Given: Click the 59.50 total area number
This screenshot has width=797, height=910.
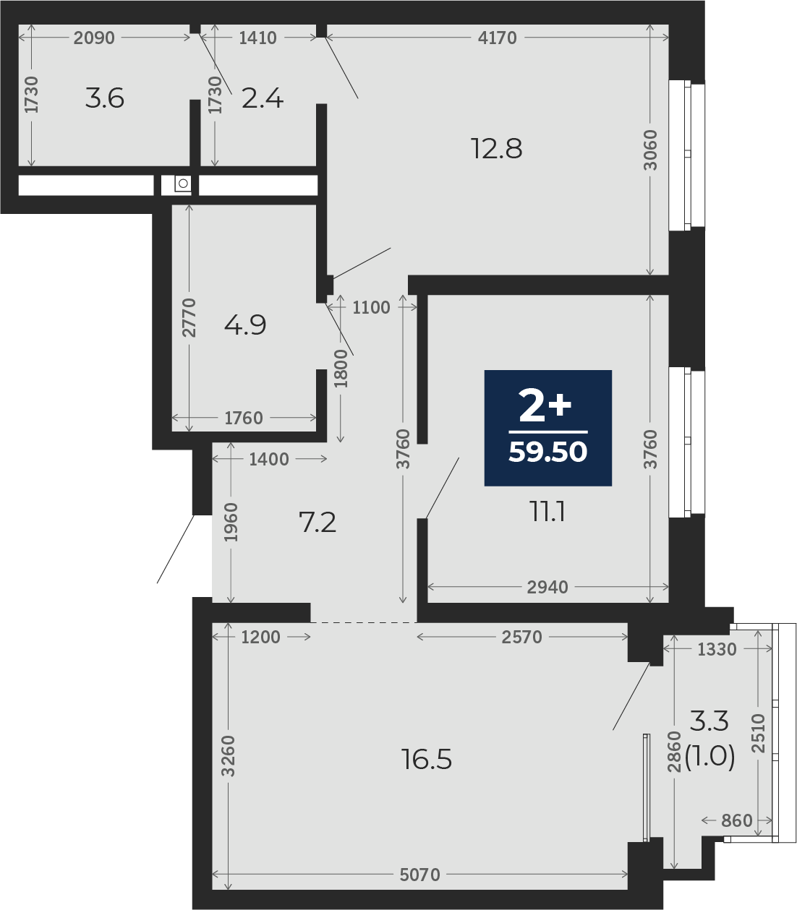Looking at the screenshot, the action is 547,452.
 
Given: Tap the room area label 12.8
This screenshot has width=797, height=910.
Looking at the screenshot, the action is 496,149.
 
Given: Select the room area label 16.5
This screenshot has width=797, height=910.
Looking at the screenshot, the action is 426,759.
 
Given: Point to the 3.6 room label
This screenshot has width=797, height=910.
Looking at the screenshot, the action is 105,98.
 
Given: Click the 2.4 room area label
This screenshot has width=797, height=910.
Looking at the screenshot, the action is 262,98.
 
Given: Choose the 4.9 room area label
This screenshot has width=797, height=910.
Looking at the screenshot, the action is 245,325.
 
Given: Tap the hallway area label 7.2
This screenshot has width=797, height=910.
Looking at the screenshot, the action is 317,522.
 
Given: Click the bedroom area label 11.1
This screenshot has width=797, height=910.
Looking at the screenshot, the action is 547,512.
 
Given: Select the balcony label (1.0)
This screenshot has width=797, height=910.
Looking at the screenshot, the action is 709,756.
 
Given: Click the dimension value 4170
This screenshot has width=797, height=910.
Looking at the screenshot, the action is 497,38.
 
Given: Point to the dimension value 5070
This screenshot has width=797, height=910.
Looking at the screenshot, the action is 419,875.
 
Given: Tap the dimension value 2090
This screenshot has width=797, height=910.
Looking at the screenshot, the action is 94,38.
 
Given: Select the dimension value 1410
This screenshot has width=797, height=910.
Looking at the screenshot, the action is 257,38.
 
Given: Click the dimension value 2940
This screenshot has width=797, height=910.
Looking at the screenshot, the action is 547,588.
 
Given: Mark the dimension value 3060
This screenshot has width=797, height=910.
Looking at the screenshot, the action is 650,150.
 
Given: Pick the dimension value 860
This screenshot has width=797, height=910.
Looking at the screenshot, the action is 736,820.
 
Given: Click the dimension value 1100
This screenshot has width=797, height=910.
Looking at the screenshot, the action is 371,307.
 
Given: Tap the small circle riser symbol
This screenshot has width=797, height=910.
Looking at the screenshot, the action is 182,184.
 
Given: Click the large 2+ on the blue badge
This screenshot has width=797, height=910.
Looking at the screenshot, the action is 545,405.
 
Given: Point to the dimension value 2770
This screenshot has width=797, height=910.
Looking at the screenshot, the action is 189,317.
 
